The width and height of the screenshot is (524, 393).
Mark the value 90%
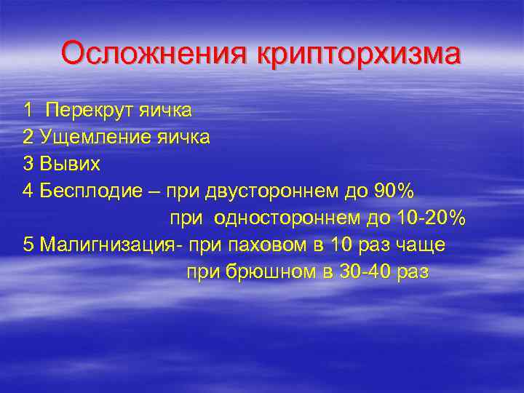pyautogui.click(x=393, y=191)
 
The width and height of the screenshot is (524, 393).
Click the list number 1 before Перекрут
pyautogui.click(x=28, y=111)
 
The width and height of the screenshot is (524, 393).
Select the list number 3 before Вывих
pyautogui.click(x=28, y=164)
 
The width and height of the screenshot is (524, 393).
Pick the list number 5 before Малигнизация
pyautogui.click(x=28, y=245)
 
